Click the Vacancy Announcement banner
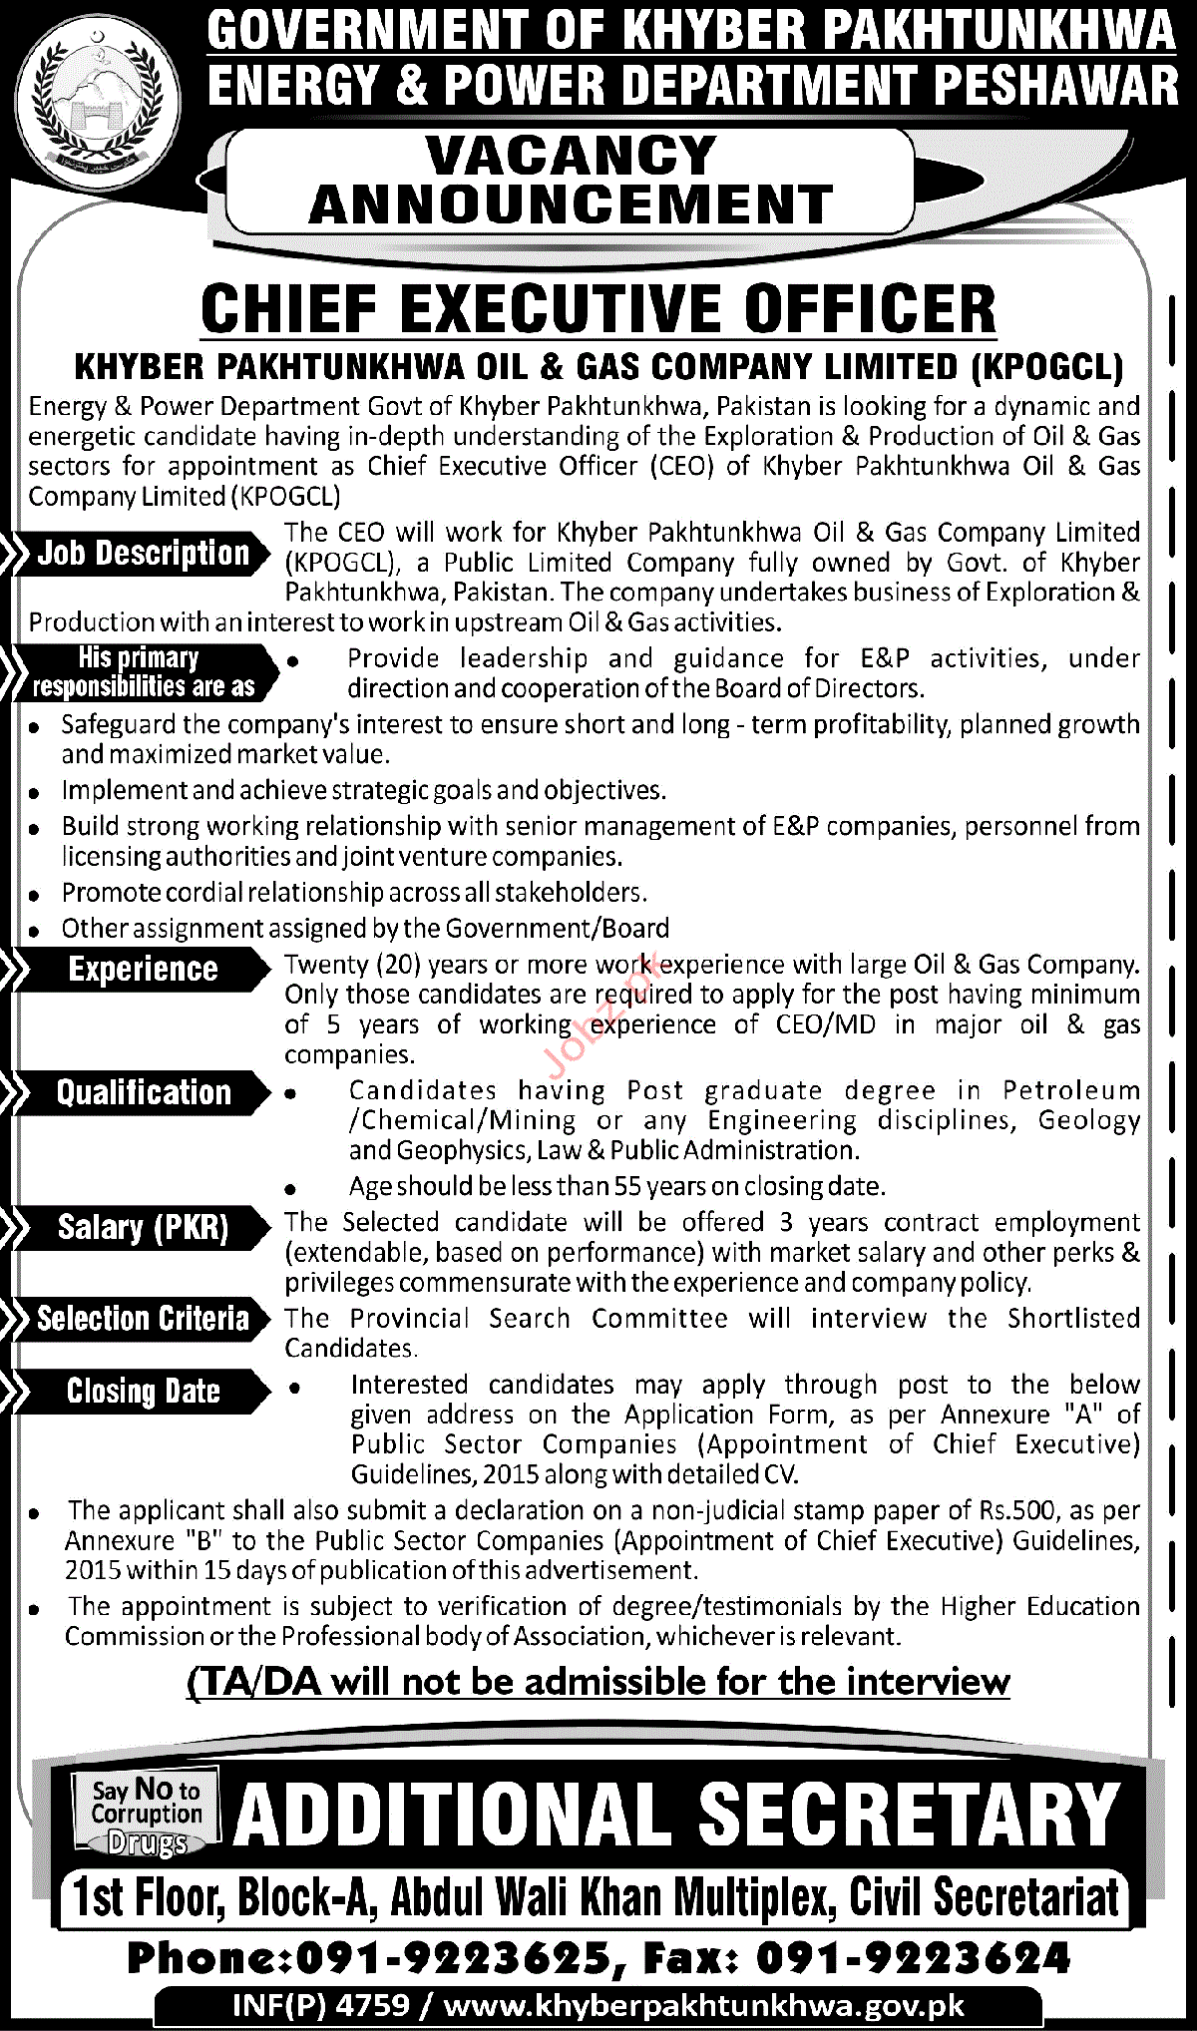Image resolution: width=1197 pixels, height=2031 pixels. coord(571,181)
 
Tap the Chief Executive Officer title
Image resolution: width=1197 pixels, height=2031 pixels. coord(598,309)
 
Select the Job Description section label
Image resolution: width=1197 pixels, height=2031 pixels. coord(143,554)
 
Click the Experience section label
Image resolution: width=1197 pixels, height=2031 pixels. coord(143,969)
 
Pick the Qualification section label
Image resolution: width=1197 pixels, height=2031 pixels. coord(143,1092)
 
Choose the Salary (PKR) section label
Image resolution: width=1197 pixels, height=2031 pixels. coord(143,1227)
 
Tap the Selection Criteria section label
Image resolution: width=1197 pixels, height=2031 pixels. coord(143,1319)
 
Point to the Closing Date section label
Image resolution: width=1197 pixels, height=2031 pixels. coord(143,1392)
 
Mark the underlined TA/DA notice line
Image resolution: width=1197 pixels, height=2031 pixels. coord(598,1682)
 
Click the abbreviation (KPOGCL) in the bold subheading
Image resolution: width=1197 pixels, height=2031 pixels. coord(1045,367)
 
